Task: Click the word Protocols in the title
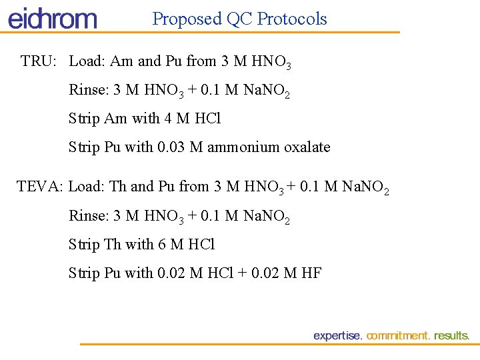coord(292,19)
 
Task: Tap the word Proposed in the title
coord(187,19)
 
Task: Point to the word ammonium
coord(239,147)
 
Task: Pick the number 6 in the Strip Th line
coord(162,244)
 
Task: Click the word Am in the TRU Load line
coord(121,61)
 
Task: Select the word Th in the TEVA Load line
coord(117,187)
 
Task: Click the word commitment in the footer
coord(398,336)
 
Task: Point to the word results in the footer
coord(452,336)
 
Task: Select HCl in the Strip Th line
coord(201,244)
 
